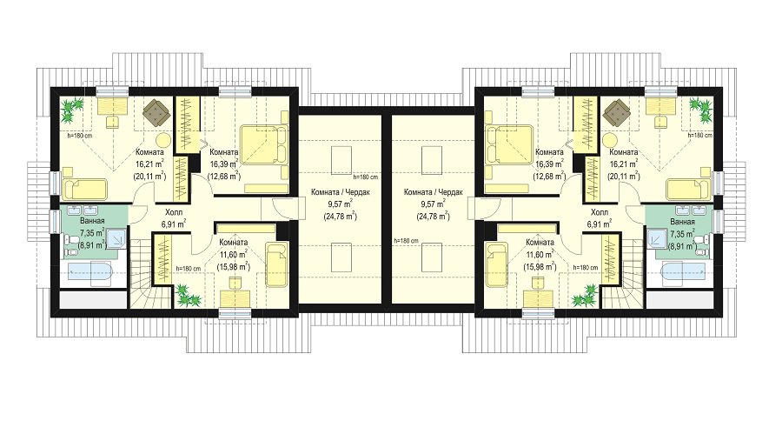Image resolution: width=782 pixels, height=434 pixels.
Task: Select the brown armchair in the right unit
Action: [615, 110]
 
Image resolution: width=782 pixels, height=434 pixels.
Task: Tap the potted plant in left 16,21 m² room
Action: [72, 110]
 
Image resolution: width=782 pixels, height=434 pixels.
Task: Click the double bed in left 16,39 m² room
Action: [264, 145]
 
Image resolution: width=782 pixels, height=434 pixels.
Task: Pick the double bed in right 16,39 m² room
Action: [509, 145]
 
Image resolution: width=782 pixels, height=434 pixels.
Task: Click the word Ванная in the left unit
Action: [92, 221]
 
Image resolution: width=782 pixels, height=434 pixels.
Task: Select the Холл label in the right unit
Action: [599, 211]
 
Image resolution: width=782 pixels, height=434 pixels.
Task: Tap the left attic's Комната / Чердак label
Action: [341, 192]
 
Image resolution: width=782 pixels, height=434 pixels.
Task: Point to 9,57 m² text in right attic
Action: [433, 204]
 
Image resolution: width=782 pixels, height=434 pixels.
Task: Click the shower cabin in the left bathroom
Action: [117, 237]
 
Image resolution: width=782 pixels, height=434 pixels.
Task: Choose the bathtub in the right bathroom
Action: [682, 273]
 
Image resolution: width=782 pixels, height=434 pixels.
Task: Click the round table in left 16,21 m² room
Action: [162, 140]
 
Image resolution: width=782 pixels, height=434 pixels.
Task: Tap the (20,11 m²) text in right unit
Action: [623, 177]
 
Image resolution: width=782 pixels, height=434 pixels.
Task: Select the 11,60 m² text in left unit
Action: [235, 255]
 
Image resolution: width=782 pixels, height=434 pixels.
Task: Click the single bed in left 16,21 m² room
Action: [85, 190]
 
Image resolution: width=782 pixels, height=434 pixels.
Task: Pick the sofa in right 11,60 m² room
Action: [495, 264]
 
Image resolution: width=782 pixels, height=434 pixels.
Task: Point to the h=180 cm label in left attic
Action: [365, 177]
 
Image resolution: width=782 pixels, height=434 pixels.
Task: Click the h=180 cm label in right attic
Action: [406, 241]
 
